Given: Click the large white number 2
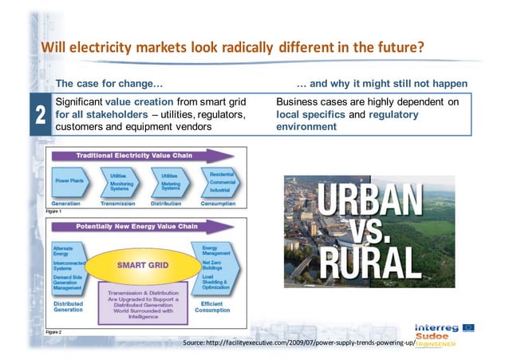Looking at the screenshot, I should tap(38, 117).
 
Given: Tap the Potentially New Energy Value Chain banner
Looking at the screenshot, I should tap(141, 227).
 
